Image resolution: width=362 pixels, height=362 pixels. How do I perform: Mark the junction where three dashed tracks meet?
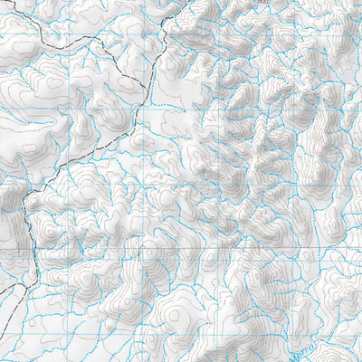(146, 80)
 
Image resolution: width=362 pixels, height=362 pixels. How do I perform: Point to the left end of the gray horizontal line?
(1, 247)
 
